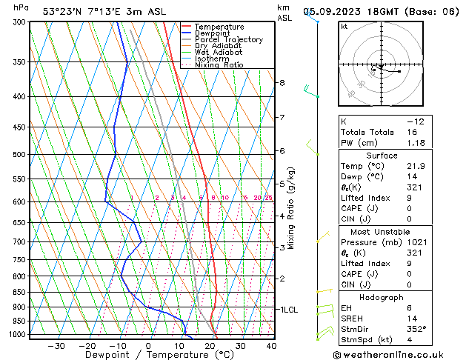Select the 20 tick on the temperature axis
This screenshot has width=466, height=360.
point(210,345)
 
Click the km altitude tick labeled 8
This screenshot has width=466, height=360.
point(282,83)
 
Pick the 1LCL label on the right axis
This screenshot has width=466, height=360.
point(289,309)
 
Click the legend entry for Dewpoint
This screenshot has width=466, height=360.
point(211,33)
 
